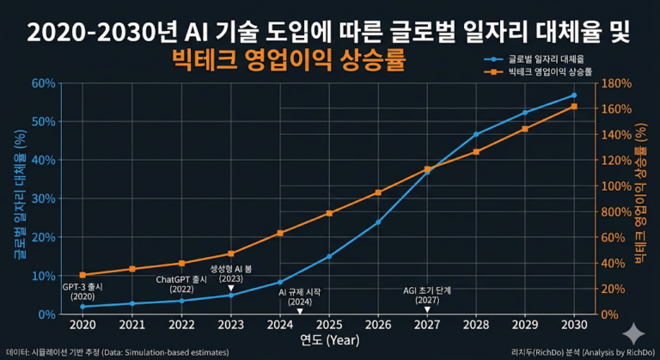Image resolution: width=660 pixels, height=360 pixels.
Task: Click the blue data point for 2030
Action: (x=574, y=95)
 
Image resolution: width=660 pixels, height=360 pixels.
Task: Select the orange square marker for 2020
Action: (x=82, y=275)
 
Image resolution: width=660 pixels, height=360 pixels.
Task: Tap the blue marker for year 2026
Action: (x=378, y=222)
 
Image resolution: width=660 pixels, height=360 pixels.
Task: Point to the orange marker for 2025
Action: (x=329, y=213)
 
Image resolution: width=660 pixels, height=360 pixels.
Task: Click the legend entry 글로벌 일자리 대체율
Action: (x=541, y=58)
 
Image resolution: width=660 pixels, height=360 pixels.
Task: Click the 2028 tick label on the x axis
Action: (x=476, y=325)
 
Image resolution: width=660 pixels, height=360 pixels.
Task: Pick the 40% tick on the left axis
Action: (x=44, y=160)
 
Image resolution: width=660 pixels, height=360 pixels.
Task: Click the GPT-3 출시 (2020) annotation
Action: (x=82, y=290)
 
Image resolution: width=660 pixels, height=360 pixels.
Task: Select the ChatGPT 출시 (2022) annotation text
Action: (x=181, y=284)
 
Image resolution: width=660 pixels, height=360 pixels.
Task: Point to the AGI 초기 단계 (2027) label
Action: (x=427, y=295)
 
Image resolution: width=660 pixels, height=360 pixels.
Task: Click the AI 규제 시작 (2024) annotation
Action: (x=299, y=296)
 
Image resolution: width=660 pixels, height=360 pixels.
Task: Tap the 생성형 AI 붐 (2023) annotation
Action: (x=231, y=273)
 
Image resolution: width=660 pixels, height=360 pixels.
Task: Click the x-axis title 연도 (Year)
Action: (x=329, y=339)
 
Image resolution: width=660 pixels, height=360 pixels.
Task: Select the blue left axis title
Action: (x=16, y=196)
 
